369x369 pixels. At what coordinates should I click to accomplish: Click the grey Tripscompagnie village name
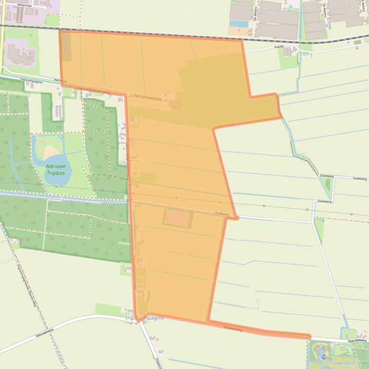point(144,318)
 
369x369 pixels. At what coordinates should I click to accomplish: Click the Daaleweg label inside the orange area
point(221,214)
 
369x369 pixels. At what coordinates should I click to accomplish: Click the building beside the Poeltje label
point(288,50)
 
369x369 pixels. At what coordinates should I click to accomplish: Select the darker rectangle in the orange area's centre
point(178,218)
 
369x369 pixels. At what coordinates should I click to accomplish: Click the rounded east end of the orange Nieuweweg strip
point(309,337)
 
